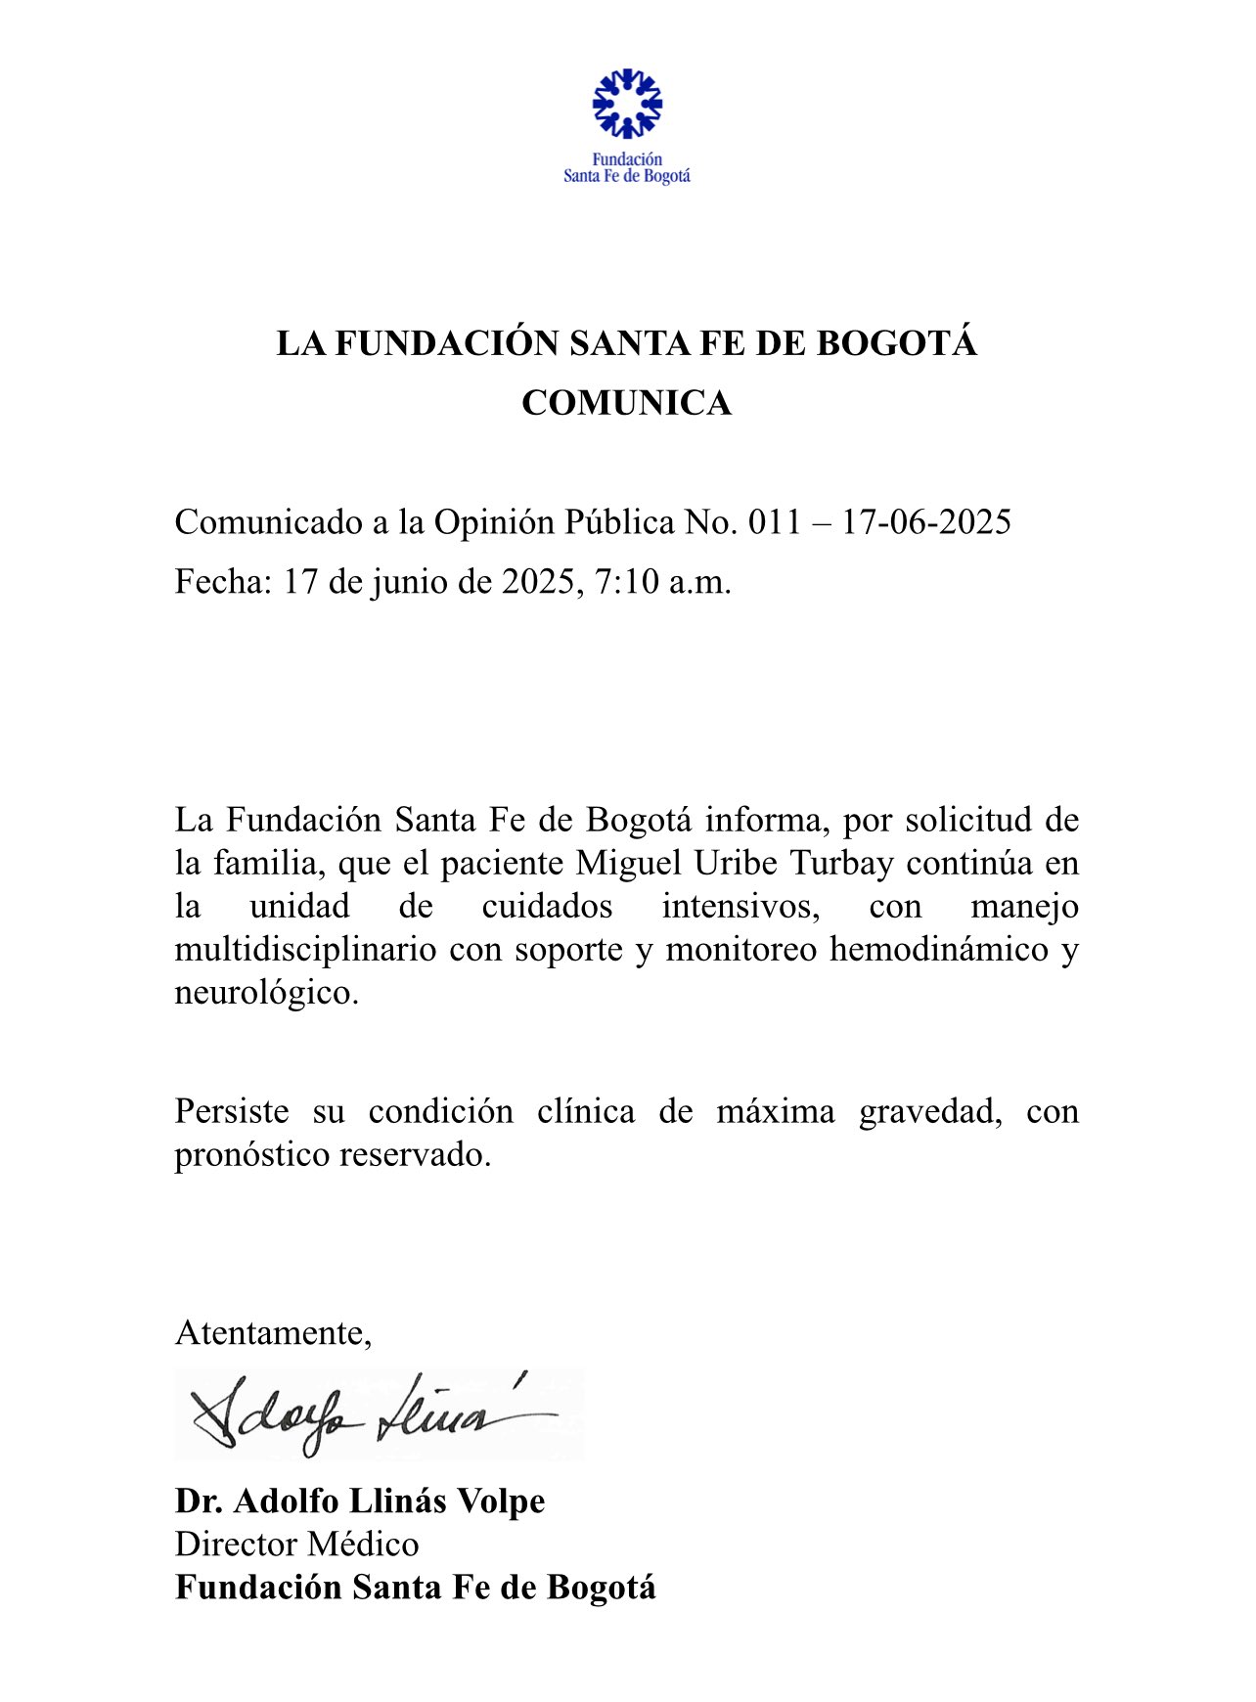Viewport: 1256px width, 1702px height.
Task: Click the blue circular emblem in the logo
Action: coord(627,103)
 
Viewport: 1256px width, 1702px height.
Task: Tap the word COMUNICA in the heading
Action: coord(626,403)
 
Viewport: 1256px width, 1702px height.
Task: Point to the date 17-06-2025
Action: coord(925,522)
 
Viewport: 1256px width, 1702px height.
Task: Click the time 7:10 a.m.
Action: coord(663,582)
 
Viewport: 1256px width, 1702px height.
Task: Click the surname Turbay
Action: coord(846,864)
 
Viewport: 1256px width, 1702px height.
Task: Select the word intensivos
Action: coord(740,907)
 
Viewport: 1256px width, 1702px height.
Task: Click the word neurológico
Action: coord(267,993)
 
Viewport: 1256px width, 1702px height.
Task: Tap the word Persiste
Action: coord(232,1112)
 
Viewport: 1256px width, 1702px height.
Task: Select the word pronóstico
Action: coord(251,1155)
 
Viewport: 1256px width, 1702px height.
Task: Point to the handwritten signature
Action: coord(377,1414)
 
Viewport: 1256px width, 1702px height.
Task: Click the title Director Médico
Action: coord(297,1545)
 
